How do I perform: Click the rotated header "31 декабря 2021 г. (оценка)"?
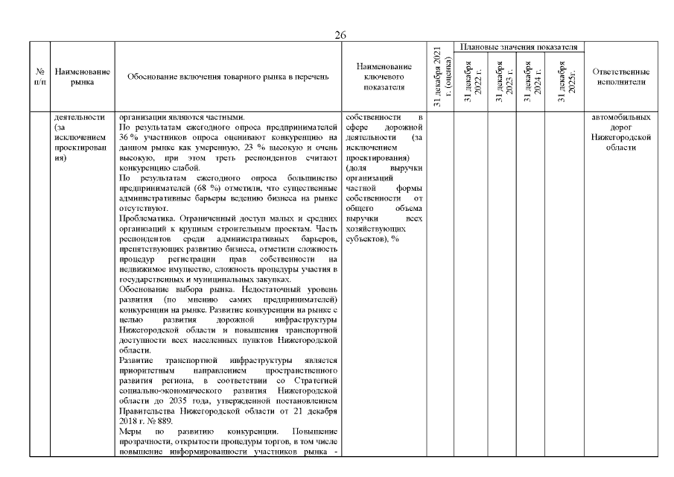440,78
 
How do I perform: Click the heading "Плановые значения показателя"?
519,48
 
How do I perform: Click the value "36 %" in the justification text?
127,136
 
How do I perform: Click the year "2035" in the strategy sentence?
168,400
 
